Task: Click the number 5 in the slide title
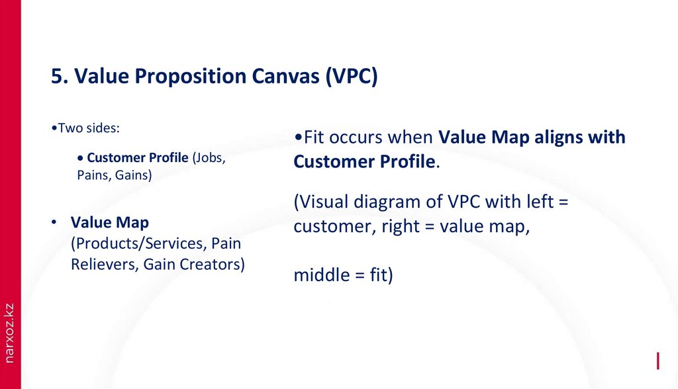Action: (x=58, y=77)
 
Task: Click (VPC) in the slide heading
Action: (x=351, y=77)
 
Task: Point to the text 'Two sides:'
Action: (x=86, y=128)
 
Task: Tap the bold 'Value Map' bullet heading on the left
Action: (x=110, y=223)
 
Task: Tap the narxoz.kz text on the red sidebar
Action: (x=9, y=333)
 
